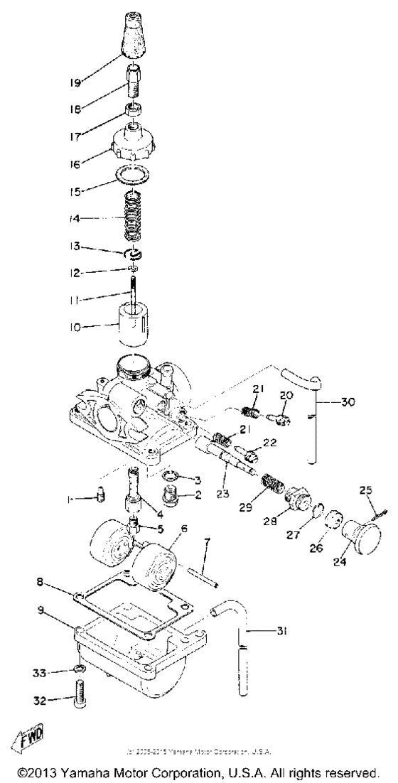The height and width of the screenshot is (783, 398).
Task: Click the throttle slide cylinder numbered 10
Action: click(129, 323)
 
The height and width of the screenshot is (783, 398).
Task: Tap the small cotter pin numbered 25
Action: click(382, 508)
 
